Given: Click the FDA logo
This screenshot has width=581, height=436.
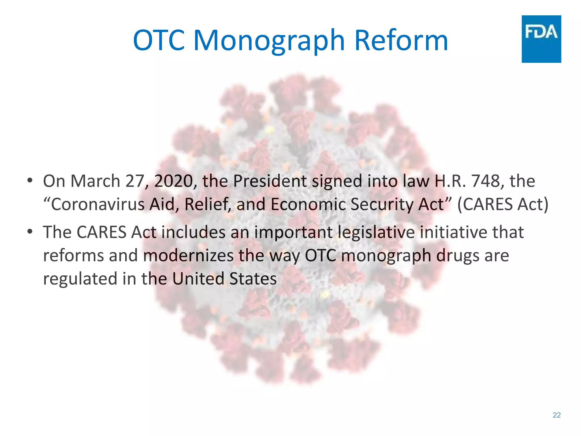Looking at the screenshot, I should coord(541,39).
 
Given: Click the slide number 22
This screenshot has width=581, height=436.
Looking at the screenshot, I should coord(557,415).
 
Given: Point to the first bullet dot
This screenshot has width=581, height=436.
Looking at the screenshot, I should coord(30,181).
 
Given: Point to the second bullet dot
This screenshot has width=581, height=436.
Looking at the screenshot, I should coord(30,232).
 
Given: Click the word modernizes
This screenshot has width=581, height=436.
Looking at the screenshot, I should coord(188,255).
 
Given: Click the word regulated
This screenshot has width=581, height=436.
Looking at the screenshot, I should coord(80,279).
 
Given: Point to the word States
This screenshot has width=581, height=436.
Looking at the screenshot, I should coord(253,278).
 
